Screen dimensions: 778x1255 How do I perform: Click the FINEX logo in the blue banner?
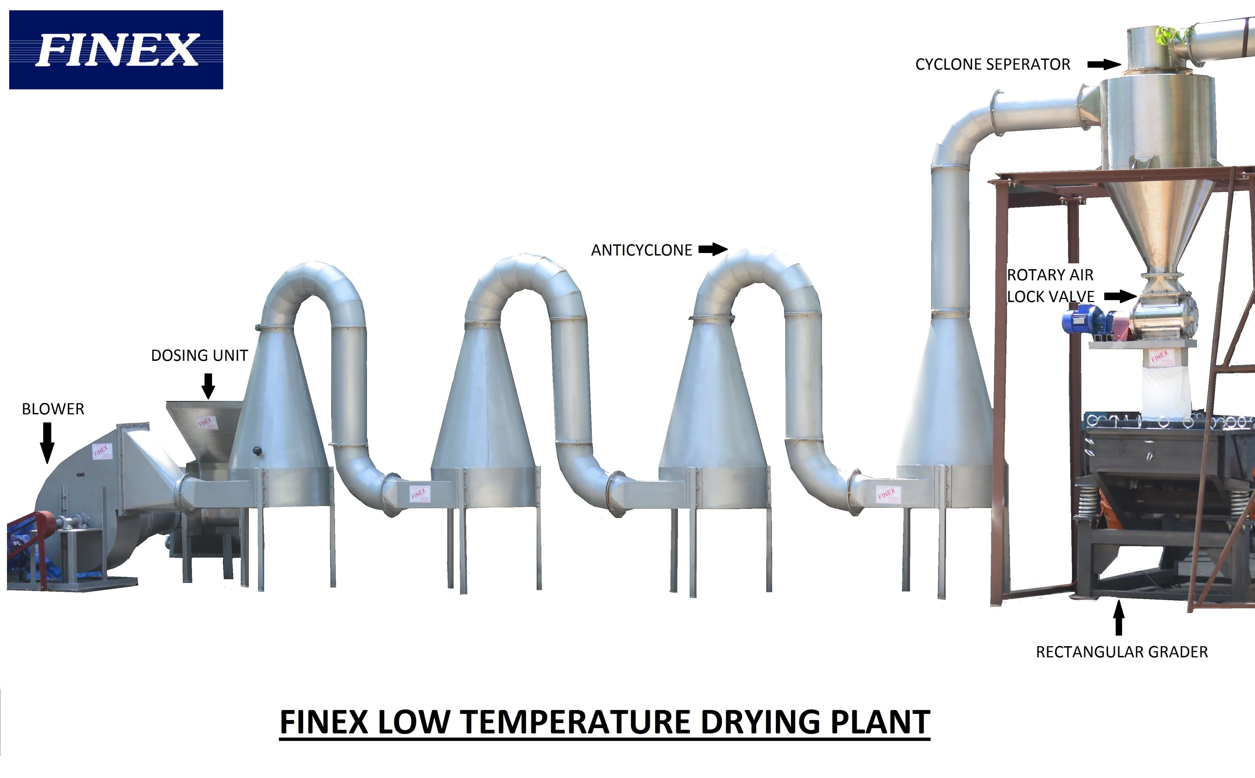click(116, 50)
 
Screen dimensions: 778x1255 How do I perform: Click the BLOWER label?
click(53, 409)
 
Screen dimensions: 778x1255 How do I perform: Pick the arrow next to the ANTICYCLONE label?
click(713, 250)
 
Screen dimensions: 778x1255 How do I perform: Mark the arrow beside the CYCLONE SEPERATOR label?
click(1104, 64)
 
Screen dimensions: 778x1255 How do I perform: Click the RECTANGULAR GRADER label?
click(1122, 652)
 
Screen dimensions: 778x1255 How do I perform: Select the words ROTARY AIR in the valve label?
click(1050, 275)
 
